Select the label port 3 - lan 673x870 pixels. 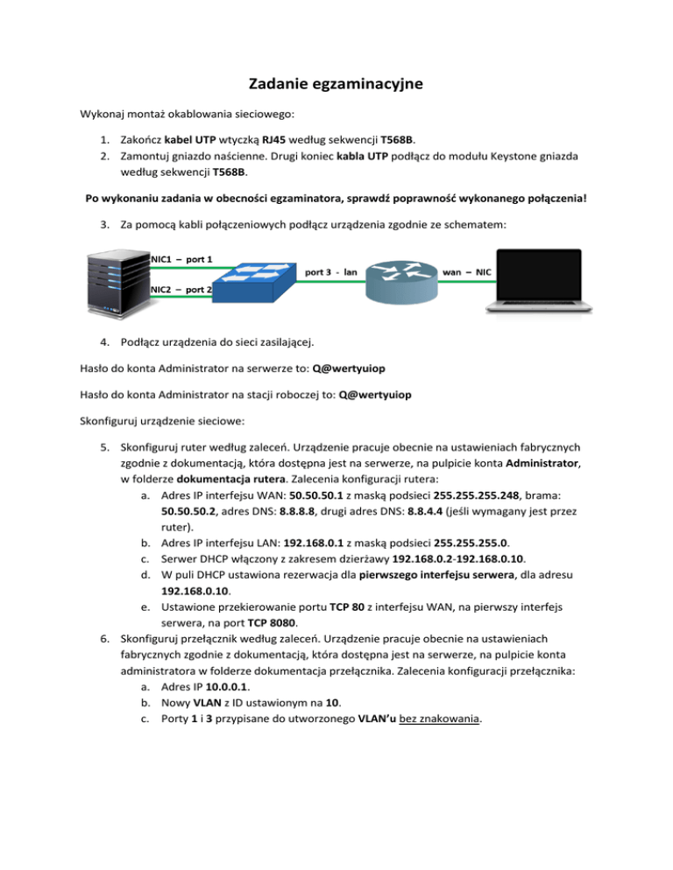pyautogui.click(x=330, y=271)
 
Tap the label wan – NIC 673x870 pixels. pyautogui.click(x=469, y=271)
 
